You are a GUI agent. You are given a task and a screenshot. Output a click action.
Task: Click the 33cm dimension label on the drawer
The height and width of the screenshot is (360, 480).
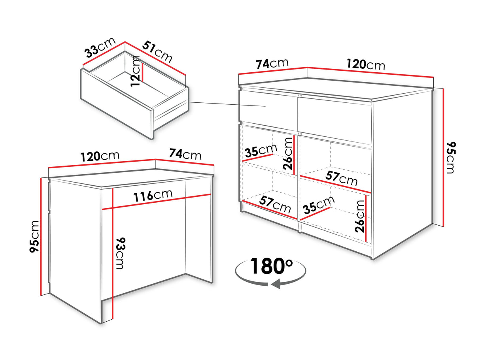100,48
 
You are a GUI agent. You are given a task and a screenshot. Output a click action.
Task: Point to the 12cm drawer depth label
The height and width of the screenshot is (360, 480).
135,71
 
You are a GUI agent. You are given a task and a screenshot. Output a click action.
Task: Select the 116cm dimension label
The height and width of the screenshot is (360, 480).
153,195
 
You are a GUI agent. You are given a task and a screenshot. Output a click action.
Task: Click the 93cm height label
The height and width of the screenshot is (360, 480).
120,253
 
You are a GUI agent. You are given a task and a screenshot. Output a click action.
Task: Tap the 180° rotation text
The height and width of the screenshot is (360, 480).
271,266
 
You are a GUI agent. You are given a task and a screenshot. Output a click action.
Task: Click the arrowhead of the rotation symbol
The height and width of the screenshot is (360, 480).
276,284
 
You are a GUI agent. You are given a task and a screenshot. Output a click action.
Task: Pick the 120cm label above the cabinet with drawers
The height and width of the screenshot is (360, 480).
366,65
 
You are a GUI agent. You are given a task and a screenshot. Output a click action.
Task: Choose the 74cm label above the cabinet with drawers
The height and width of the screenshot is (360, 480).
272,64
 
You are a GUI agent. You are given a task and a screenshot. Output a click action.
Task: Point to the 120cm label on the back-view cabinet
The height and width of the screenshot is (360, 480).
100,156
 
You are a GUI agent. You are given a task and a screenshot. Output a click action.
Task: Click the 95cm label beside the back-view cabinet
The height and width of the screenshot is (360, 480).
34,236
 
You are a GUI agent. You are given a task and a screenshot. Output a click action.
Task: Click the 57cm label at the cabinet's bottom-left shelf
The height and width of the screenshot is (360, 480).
275,205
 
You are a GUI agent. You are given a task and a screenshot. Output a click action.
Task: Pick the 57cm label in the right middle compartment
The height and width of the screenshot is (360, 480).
341,178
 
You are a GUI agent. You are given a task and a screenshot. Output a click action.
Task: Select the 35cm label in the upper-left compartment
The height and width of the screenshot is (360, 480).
261,151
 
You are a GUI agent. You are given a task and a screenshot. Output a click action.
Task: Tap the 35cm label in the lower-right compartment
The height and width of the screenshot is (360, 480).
319,205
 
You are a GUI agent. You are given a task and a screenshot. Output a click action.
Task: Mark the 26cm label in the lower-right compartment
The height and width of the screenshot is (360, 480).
360,216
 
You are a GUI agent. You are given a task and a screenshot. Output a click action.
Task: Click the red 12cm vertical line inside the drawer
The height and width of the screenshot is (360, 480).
142,72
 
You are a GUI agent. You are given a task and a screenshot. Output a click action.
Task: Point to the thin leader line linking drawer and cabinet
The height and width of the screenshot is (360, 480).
227,104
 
